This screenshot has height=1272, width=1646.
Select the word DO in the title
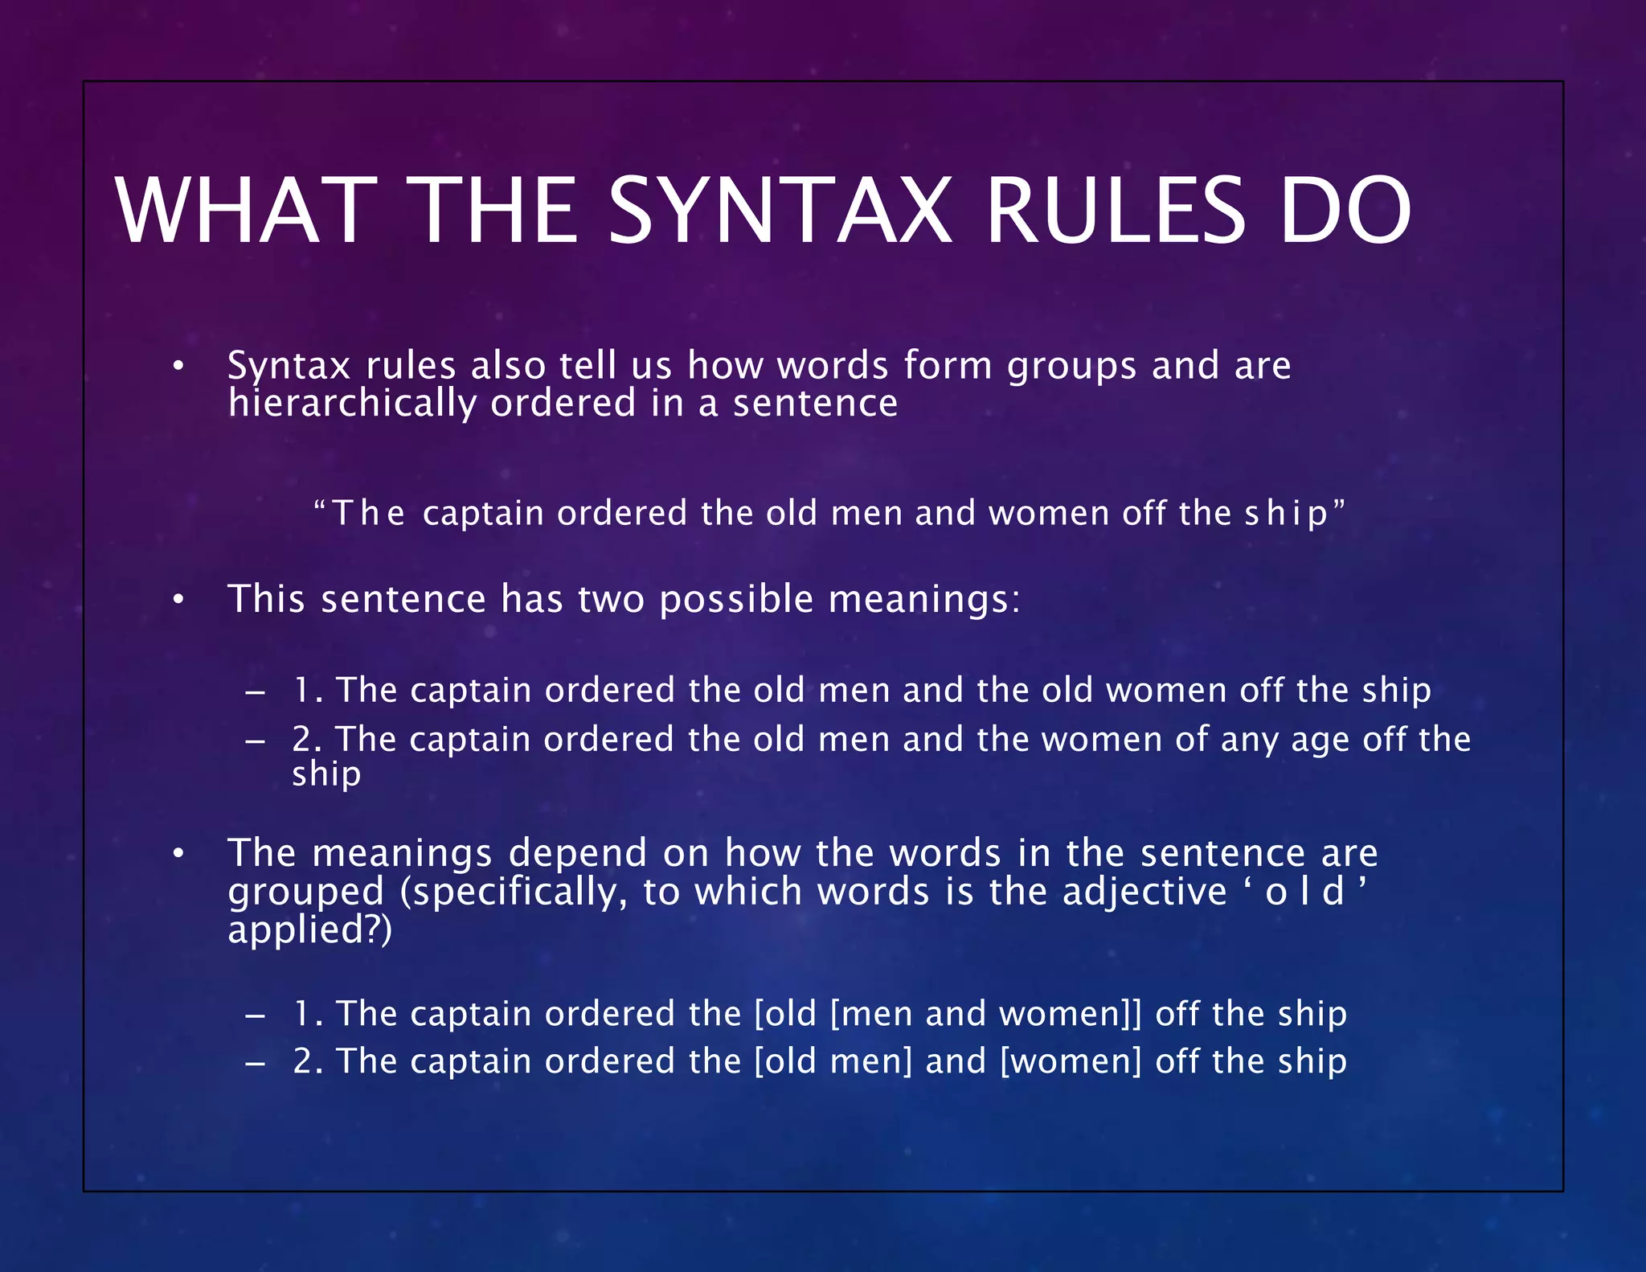coord(1345,211)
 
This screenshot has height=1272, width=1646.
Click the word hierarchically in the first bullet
coord(351,404)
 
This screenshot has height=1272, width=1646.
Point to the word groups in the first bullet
coord(1071,367)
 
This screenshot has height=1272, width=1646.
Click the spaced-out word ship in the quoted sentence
coord(1286,514)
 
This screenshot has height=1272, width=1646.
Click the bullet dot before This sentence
coord(178,600)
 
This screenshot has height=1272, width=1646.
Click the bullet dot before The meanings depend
coord(178,853)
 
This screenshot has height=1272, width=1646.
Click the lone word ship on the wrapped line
coord(326,774)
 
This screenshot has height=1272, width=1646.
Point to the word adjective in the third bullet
coord(1144,892)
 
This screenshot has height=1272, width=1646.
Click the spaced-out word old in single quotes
coord(1304,892)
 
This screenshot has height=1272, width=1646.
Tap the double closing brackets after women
coord(1134,1014)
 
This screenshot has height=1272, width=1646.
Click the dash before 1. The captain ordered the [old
coord(256,1016)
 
